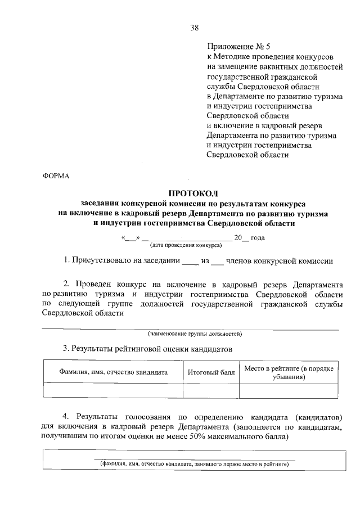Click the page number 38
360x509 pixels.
pos(195,28)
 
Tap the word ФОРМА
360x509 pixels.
pos(56,176)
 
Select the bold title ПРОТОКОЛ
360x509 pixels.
pos(193,193)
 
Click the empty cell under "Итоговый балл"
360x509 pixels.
pos(211,390)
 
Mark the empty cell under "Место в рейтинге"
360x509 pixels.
pos(289,390)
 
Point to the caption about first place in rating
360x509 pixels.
pos(194,465)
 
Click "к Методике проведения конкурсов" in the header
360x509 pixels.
pos(271,57)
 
